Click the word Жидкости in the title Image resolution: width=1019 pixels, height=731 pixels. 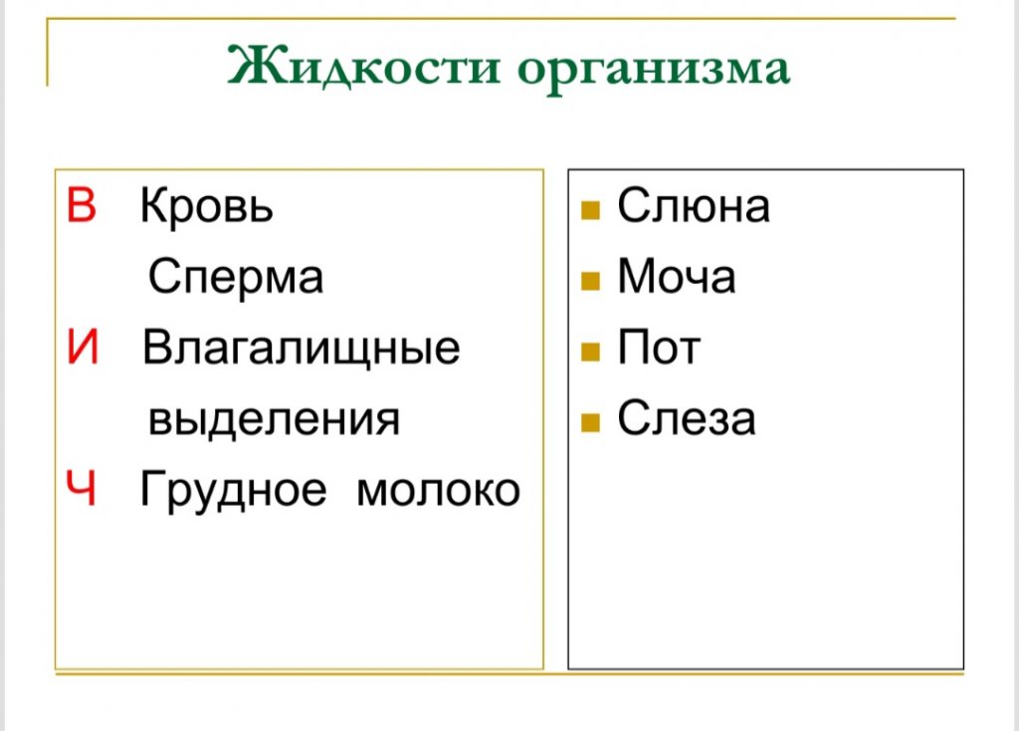(364, 67)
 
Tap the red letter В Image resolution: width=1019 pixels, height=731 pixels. (82, 205)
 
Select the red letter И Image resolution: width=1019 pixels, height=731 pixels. (83, 347)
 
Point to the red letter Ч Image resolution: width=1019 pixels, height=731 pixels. (82, 488)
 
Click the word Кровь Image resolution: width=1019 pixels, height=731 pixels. (207, 205)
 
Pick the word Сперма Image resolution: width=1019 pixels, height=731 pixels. (235, 277)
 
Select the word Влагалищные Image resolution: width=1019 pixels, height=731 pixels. (301, 349)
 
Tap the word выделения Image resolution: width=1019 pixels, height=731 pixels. (274, 420)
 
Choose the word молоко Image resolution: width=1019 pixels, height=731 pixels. (439, 490)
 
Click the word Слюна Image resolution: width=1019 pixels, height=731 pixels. (694, 205)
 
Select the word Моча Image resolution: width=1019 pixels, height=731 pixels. (677, 277)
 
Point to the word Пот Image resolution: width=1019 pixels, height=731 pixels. (659, 347)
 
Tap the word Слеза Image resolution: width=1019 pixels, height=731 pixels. (687, 417)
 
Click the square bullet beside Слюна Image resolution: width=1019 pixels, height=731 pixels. (590, 210)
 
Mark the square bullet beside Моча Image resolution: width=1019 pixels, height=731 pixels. (590, 281)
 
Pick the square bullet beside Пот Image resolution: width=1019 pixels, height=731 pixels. (590, 352)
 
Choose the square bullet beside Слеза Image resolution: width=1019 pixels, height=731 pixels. (590, 422)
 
